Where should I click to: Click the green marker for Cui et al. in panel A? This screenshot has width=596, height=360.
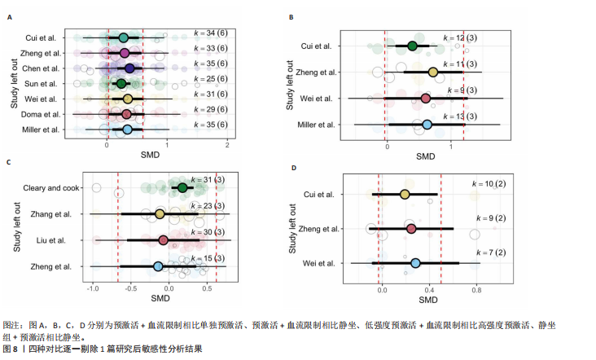pyautogui.click(x=123, y=38)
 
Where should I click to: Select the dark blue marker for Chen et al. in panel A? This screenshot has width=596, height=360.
pyautogui.click(x=129, y=68)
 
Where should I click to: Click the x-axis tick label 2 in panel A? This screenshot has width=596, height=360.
pyautogui.click(x=227, y=145)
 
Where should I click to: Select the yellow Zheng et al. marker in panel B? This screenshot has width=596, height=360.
pyautogui.click(x=433, y=72)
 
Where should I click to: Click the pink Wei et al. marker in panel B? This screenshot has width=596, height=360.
pyautogui.click(x=426, y=99)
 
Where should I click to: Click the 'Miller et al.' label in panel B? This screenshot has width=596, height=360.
pyautogui.click(x=315, y=125)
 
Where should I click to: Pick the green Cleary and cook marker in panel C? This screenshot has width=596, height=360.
pyautogui.click(x=182, y=188)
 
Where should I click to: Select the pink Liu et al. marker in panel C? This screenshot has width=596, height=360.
pyautogui.click(x=164, y=240)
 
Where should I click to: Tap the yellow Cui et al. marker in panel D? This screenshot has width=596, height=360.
pyautogui.click(x=405, y=194)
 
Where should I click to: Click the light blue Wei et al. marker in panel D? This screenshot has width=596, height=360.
pyautogui.click(x=415, y=263)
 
